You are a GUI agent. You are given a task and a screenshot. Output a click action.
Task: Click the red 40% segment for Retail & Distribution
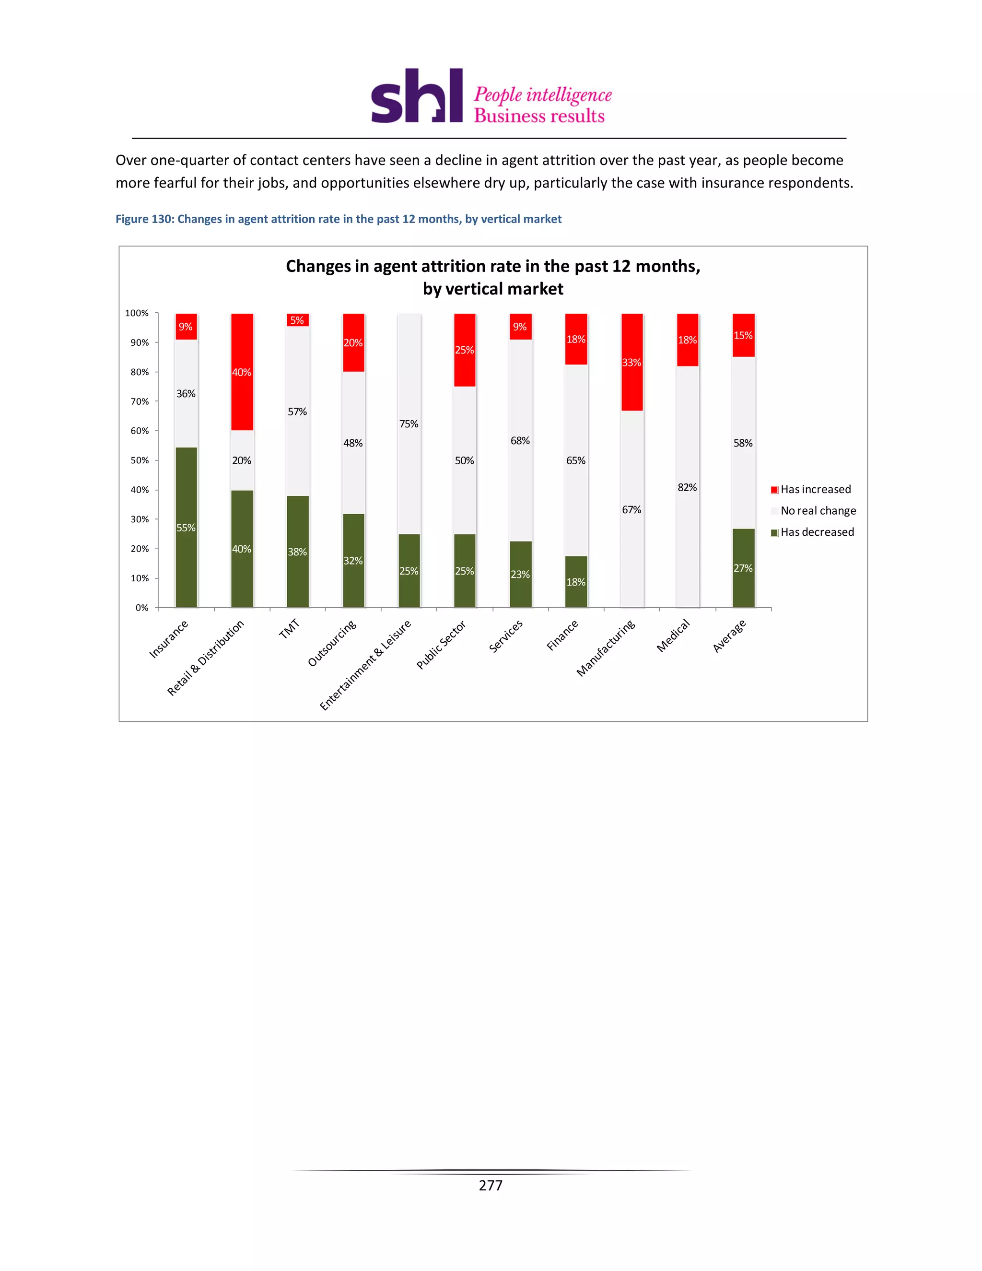(x=242, y=373)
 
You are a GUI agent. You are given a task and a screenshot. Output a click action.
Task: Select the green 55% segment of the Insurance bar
(x=186, y=527)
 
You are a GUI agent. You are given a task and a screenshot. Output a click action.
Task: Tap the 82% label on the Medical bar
(x=687, y=487)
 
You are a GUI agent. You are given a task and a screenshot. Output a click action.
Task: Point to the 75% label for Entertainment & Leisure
(x=409, y=424)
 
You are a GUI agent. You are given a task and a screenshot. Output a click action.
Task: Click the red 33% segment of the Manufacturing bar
(x=632, y=362)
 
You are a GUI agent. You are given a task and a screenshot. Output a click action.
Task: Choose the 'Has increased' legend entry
(x=815, y=489)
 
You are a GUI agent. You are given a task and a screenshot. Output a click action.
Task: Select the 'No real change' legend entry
(x=818, y=510)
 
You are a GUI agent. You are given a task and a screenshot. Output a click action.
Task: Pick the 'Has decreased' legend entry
(x=817, y=532)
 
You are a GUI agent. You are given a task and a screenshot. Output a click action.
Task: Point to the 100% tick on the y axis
(x=137, y=313)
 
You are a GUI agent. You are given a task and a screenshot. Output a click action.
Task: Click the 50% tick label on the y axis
(x=140, y=460)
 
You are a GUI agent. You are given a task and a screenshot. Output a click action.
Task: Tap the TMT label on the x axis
(x=289, y=629)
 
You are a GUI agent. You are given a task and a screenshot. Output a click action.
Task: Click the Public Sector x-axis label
(x=442, y=644)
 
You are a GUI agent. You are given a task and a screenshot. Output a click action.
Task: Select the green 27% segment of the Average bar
(x=743, y=568)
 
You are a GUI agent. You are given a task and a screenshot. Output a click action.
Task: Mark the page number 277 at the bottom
(x=491, y=1186)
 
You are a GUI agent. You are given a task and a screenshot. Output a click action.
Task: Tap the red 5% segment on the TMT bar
(x=297, y=320)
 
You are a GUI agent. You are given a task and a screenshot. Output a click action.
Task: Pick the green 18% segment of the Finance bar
(x=576, y=582)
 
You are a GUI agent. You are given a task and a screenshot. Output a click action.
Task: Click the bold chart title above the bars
(x=493, y=277)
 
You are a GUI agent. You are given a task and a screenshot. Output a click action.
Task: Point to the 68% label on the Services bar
(x=520, y=441)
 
